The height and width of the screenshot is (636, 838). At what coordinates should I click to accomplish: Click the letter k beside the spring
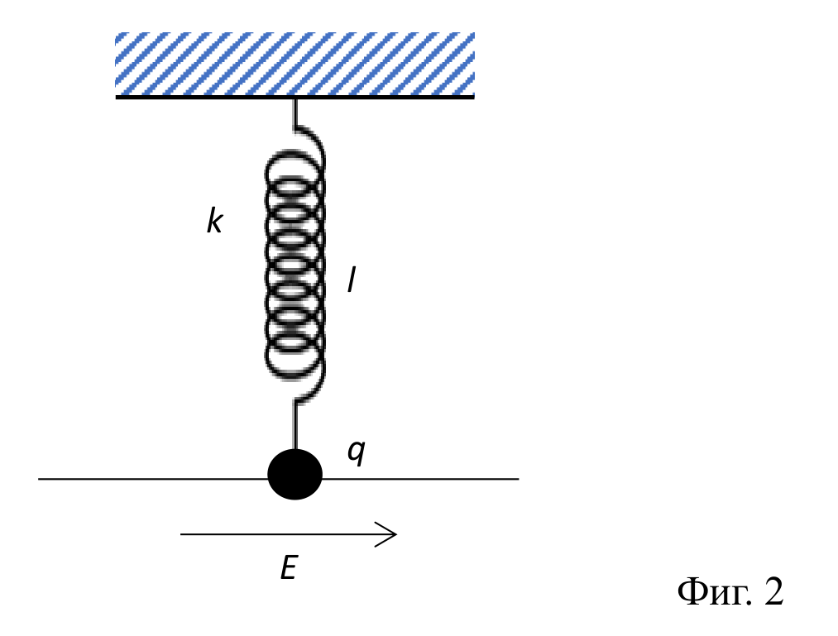click(x=214, y=222)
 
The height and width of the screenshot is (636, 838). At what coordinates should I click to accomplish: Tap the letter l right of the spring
click(x=351, y=280)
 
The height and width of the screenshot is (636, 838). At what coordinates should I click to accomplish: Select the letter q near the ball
click(x=357, y=452)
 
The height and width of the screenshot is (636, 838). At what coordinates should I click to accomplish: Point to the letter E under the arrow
click(x=289, y=567)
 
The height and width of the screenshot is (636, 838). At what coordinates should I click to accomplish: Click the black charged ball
click(x=295, y=474)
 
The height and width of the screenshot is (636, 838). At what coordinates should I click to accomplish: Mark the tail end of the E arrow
click(x=180, y=534)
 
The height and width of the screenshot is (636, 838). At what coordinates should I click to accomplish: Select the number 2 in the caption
click(x=773, y=591)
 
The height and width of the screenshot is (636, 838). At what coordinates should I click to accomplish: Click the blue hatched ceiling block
click(x=295, y=64)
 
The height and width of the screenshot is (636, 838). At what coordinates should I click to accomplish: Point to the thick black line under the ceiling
click(x=295, y=97)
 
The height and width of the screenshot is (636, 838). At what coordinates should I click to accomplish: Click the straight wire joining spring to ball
click(x=294, y=426)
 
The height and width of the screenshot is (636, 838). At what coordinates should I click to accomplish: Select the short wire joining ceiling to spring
click(x=294, y=113)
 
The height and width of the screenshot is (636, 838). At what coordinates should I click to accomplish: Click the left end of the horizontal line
click(x=39, y=479)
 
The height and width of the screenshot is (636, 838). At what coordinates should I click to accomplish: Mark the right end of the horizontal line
click(x=519, y=479)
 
